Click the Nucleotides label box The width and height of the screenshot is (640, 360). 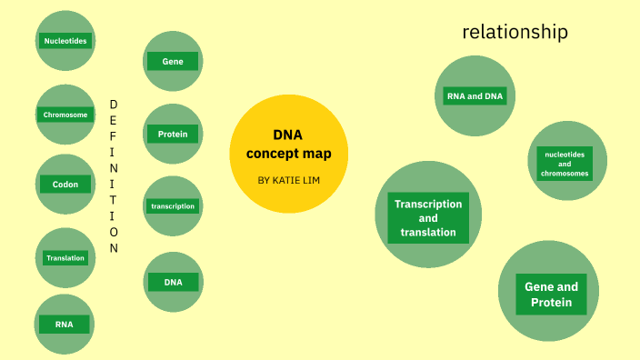[65, 41]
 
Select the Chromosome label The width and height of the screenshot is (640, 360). [65, 115]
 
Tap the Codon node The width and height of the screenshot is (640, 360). [65, 185]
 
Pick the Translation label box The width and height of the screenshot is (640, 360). [65, 258]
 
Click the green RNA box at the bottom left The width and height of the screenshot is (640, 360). [65, 325]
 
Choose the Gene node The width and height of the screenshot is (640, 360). [173, 62]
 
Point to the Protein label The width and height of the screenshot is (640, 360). [173, 135]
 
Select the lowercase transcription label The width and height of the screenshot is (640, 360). [173, 206]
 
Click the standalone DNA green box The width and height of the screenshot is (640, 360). [173, 282]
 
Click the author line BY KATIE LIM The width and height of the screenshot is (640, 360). [288, 180]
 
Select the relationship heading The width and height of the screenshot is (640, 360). [515, 33]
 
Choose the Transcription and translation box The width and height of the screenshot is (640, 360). [428, 218]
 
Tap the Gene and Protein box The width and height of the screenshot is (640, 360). [551, 295]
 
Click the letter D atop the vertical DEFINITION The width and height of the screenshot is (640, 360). [114, 104]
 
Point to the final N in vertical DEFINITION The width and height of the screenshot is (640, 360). [114, 248]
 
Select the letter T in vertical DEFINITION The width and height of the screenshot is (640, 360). [114, 202]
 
